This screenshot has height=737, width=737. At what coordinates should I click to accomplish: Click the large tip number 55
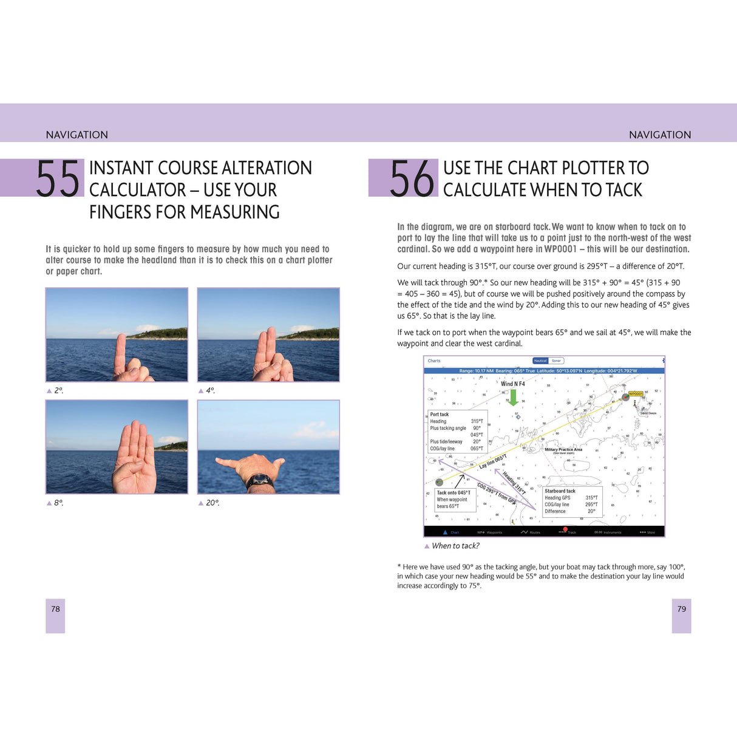[58, 178]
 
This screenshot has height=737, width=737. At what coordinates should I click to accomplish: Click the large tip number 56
[412, 178]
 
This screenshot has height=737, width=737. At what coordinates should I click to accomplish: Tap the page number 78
[55, 609]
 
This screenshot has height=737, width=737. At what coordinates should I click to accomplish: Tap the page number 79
[681, 609]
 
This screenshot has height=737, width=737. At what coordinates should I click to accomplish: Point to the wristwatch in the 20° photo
[259, 481]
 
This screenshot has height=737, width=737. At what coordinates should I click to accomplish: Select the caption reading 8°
[58, 503]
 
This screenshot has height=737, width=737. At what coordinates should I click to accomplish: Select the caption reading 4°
[210, 390]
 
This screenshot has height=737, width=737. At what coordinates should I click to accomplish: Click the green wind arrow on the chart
[513, 397]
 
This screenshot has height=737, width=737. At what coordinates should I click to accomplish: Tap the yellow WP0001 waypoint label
[635, 394]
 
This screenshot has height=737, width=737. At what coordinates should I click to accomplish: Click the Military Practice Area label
[563, 450]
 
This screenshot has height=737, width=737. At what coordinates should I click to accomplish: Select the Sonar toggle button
[556, 361]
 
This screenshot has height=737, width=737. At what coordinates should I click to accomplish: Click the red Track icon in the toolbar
[565, 530]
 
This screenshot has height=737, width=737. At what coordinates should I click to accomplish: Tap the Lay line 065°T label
[492, 462]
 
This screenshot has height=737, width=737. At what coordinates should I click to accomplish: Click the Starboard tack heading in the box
[560, 491]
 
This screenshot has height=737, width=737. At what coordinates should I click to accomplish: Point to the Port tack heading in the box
[440, 415]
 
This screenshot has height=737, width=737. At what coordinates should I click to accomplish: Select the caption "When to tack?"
[455, 546]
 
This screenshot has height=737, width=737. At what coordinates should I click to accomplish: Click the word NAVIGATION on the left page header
[77, 135]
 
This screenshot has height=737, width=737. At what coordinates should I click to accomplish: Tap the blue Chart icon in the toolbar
[446, 532]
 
